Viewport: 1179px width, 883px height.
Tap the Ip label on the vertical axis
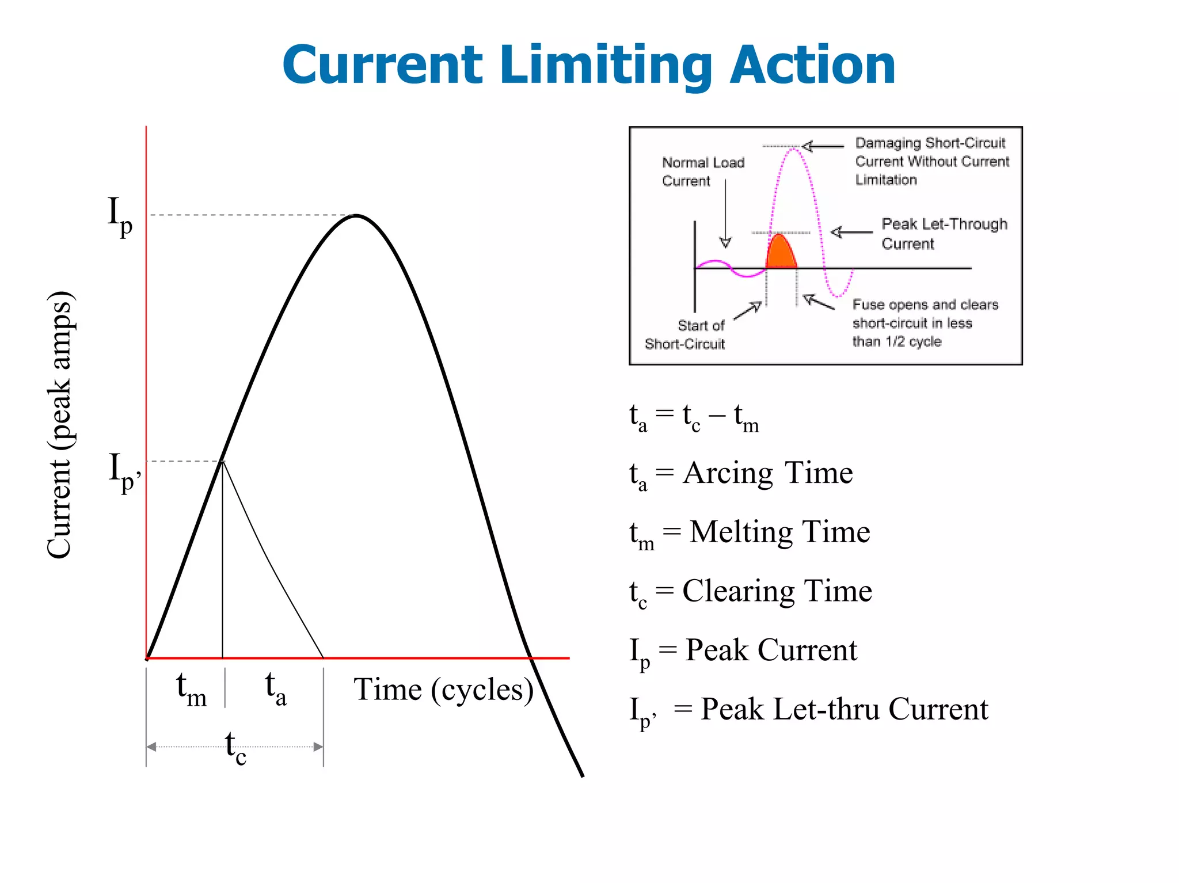pos(120,216)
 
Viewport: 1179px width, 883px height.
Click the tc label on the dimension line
pos(235,748)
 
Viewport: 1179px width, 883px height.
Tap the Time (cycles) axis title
pos(443,690)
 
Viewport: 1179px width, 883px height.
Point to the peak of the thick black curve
pos(357,215)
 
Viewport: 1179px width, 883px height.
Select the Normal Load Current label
pos(702,172)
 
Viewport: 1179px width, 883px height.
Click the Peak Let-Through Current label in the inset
pos(944,233)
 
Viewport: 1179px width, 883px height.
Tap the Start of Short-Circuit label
pos(685,334)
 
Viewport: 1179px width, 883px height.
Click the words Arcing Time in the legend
pos(767,473)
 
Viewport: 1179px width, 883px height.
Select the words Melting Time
pos(779,532)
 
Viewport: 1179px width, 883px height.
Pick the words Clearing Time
pos(777,591)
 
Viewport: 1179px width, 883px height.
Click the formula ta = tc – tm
pos(694,416)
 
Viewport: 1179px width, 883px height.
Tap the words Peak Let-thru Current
pos(844,709)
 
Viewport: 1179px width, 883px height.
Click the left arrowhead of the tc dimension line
pos(151,747)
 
